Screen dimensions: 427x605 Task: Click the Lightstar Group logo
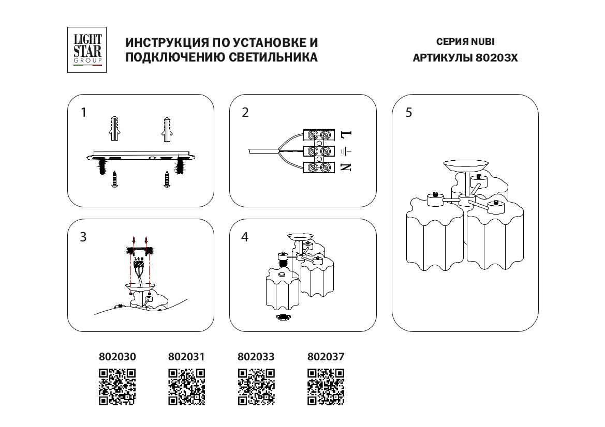(87, 50)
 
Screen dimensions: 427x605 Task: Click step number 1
(84, 113)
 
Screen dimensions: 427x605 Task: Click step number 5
(409, 113)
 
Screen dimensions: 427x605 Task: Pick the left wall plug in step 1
(115, 129)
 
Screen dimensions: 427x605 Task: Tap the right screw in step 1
(167, 179)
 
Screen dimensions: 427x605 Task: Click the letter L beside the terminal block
(346, 135)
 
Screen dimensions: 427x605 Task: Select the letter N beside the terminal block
(346, 167)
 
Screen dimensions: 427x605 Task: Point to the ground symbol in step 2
(346, 151)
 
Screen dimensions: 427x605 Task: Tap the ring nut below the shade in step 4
(283, 317)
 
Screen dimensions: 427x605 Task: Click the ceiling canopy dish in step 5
(465, 166)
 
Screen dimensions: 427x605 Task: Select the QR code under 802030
(117, 387)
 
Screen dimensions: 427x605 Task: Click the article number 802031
(187, 357)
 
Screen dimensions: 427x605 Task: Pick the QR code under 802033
(256, 387)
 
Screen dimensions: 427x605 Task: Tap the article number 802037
(326, 357)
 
